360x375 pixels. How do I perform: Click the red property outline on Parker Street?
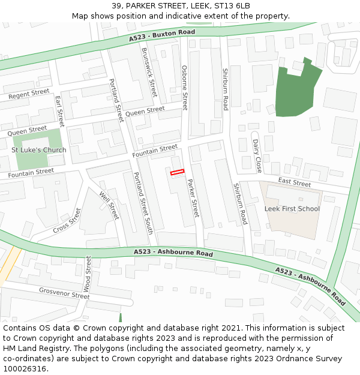tap(177, 173)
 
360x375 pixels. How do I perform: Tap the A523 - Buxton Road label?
tap(162, 35)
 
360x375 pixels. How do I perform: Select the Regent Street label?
tap(29, 94)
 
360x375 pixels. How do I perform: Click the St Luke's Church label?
tap(39, 150)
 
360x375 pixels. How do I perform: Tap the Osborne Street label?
tap(185, 88)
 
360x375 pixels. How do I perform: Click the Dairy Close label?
tap(257, 155)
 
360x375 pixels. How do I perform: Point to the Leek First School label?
tap(292, 209)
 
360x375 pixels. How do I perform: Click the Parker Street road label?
tap(193, 198)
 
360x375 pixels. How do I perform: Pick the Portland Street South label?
tap(143, 203)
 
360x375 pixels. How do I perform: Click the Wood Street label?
tap(88, 274)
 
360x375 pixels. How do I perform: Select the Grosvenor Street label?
tap(64, 293)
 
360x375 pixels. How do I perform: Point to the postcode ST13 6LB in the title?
tap(230, 6)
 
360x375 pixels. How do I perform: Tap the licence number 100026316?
tap(25, 369)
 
